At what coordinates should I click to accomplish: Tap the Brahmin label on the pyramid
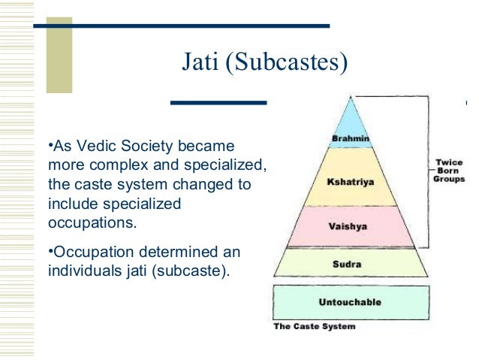coord(351,138)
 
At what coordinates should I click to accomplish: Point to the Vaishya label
coord(351,225)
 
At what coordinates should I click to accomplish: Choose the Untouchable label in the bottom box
coord(351,302)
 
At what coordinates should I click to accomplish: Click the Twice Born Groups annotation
coord(450,170)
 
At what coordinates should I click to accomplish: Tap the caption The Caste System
coord(315,327)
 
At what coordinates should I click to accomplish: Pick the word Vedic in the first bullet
coord(98,145)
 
